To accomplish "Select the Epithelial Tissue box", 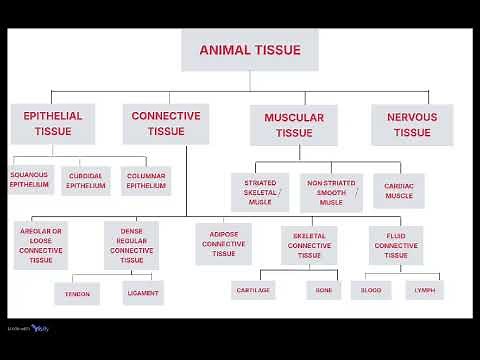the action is click(52, 124).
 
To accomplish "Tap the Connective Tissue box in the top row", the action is click(166, 124).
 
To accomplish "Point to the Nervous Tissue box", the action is click(411, 125).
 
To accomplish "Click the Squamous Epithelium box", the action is click(29, 180).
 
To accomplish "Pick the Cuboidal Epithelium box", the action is click(86, 181).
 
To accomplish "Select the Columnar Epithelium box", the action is click(146, 181).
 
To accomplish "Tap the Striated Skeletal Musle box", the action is click(260, 191).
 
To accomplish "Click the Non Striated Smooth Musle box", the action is click(331, 191).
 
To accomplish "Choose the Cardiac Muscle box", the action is click(399, 189).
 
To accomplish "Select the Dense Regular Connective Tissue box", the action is click(131, 246).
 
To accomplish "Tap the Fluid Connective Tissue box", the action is click(396, 243).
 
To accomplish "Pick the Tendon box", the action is click(77, 294).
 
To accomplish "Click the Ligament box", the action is click(141, 294).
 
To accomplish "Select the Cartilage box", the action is click(253, 290).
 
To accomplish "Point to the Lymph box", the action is click(425, 290).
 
